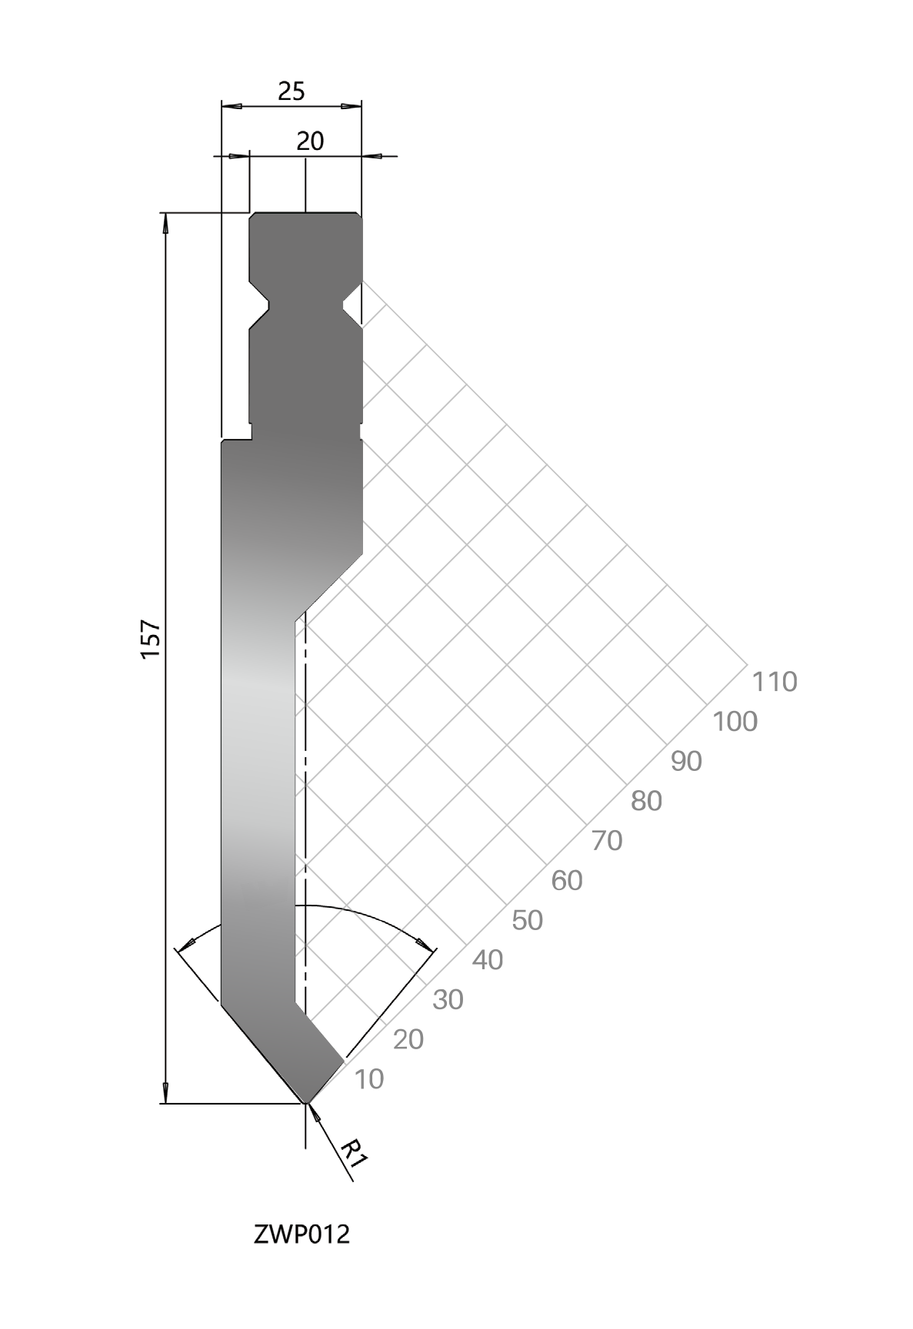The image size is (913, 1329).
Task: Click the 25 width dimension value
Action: tap(292, 91)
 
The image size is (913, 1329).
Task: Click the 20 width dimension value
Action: tap(310, 141)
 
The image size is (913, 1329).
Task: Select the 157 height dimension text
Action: tap(150, 638)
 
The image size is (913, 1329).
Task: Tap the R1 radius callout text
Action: tap(355, 1151)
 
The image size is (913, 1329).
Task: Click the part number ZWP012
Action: tap(302, 1234)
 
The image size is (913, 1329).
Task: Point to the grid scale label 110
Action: tap(775, 682)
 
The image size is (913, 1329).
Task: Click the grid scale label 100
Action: tap(735, 722)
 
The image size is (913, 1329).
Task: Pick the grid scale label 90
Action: tap(687, 762)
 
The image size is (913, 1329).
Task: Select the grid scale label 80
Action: tap(647, 801)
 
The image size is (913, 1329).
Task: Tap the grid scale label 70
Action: tap(607, 841)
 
